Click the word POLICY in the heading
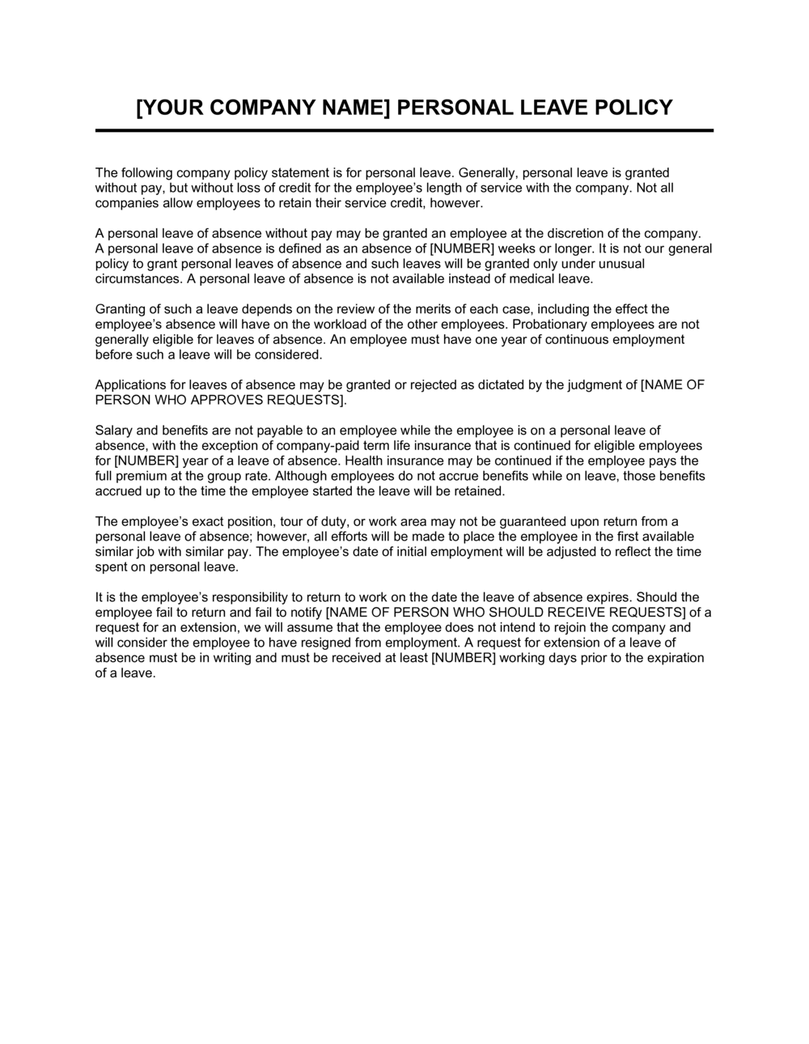coord(632,108)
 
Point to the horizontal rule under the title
coord(404,130)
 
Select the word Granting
coord(120,309)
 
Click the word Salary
coord(112,431)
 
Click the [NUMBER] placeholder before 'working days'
coord(464,658)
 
